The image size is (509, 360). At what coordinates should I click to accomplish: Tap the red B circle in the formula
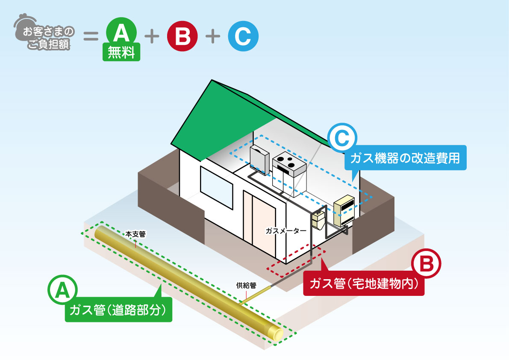click(182, 36)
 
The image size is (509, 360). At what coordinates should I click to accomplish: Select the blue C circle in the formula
click(242, 36)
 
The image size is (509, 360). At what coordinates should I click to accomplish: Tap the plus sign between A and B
click(152, 36)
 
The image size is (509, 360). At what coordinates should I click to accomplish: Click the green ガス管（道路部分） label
click(118, 310)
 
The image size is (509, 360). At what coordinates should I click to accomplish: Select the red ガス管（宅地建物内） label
click(363, 283)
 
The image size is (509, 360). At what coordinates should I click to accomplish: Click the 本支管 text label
click(135, 234)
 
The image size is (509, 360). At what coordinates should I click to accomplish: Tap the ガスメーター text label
click(285, 230)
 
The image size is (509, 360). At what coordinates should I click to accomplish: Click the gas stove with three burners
click(289, 162)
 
